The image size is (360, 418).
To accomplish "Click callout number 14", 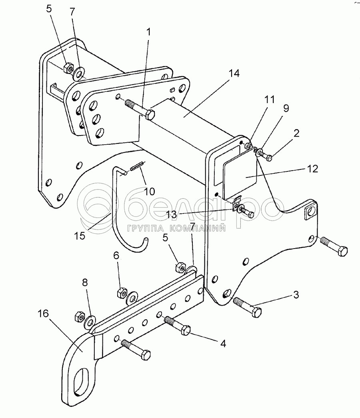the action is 234,73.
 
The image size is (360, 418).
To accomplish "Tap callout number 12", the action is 312,169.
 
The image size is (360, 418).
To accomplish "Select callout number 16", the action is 43,313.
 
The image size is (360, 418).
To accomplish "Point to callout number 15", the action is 80,235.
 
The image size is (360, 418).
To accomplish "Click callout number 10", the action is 150,191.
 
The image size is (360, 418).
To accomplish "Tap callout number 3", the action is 296,295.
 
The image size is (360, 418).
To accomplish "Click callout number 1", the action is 149,32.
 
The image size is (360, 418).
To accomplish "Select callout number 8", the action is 85,283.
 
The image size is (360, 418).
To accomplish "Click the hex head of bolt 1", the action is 150,115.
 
